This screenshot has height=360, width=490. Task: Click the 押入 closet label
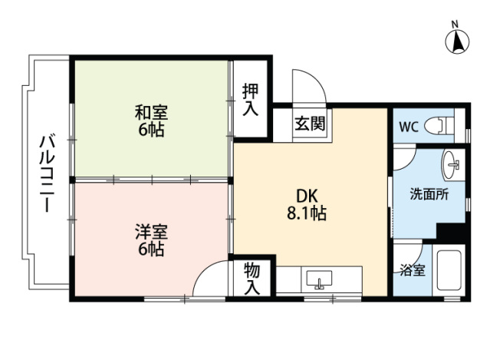pos(251,99)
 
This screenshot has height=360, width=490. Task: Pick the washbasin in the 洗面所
pos(452,163)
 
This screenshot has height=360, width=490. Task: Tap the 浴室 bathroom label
pos(409,271)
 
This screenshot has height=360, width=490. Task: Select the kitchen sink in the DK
pos(317,278)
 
